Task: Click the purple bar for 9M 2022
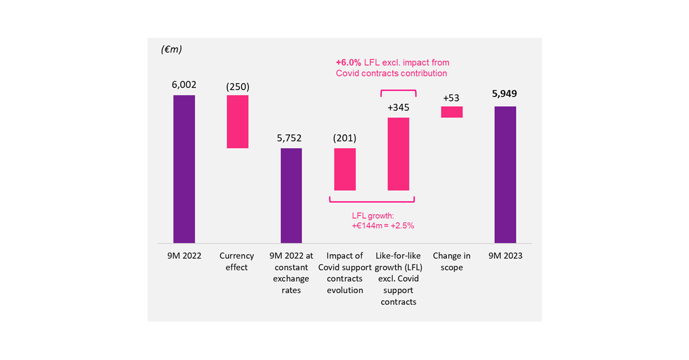(184, 169)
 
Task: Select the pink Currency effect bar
(237, 122)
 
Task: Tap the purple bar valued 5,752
(291, 195)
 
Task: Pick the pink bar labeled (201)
(344, 169)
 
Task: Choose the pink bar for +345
(398, 154)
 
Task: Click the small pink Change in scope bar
(451, 112)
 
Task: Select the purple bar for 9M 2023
(505, 175)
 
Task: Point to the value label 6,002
(184, 84)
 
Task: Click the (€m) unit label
(172, 49)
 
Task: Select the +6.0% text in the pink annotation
(349, 62)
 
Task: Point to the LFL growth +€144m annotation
(383, 220)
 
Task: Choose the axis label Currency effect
(237, 261)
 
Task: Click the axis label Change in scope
(452, 261)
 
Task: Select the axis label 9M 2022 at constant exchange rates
(291, 273)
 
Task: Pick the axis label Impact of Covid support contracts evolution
(344, 273)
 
